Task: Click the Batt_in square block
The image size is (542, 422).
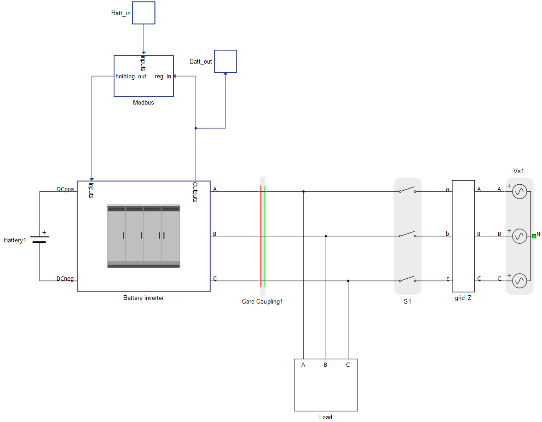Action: pos(144,13)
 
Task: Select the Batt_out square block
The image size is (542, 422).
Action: pos(225,61)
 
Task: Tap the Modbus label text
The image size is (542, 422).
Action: pos(144,102)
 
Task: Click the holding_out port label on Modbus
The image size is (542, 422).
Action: pos(131,76)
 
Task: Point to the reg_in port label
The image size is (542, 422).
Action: pos(163,76)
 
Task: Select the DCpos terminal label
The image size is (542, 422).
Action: pos(65,189)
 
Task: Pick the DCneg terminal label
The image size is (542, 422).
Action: pos(65,279)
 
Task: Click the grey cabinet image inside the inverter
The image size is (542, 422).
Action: pos(144,236)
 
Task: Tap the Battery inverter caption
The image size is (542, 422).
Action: pos(144,298)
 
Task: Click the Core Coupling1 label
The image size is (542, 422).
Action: pos(262,302)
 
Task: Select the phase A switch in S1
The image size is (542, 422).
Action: pos(408,190)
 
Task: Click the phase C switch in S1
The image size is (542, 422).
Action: pos(408,279)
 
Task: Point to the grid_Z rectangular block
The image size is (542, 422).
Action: pos(463,236)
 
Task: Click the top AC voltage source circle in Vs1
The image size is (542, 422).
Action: pos(519,192)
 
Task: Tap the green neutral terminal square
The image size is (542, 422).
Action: pos(534,236)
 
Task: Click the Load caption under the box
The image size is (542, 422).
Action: pos(326,417)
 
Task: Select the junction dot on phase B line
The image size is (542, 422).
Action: pos(326,236)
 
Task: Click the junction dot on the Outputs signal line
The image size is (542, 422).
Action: pos(196,129)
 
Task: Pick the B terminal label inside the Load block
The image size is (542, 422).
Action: pos(325,365)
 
